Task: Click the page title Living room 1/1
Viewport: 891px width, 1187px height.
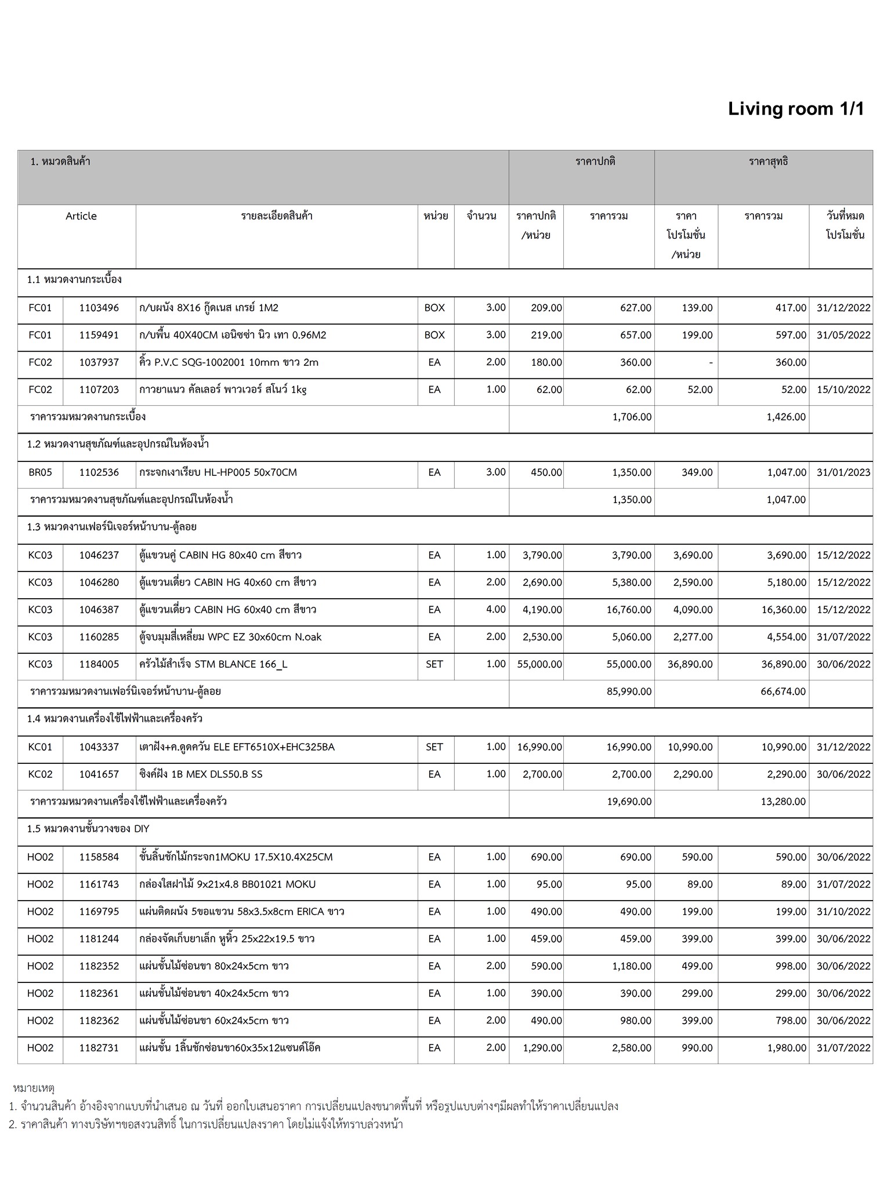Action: pos(796,109)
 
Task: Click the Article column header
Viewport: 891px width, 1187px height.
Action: pos(81,216)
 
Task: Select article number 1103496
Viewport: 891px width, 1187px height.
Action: pos(99,308)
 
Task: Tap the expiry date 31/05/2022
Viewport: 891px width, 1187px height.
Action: pos(843,335)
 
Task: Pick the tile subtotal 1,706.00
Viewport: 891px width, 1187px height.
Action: pos(632,417)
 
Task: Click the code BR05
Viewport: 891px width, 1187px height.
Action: pos(40,472)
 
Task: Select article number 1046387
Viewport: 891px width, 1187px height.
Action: pos(99,610)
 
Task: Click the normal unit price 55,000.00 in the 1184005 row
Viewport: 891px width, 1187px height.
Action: pos(539,664)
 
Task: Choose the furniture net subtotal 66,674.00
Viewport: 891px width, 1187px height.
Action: pos(783,691)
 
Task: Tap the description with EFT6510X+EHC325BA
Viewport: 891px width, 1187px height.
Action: pos(237,747)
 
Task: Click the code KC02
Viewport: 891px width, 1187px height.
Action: pos(40,774)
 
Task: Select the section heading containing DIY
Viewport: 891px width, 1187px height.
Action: pos(88,829)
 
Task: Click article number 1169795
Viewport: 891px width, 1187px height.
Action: pos(99,912)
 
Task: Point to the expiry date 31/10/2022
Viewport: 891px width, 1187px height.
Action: pos(843,912)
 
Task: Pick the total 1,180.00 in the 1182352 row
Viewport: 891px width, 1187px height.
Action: pos(632,966)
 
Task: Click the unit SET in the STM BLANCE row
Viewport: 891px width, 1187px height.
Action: pos(434,664)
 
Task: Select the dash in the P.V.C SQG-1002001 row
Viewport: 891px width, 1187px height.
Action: pos(711,363)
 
